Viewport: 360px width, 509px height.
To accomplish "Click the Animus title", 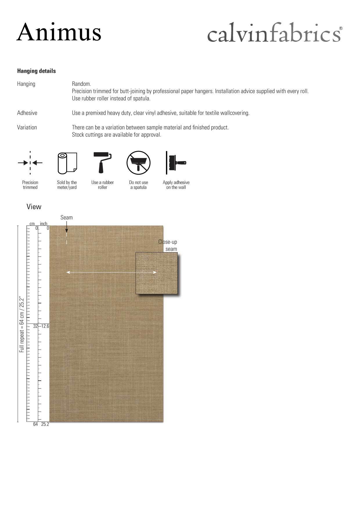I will tap(59, 32).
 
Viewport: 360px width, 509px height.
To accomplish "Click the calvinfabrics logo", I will tap(274, 33).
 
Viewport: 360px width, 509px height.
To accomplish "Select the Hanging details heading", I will tap(36, 71).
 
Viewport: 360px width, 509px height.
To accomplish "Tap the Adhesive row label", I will tap(27, 113).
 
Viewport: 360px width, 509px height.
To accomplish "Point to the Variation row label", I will tap(27, 127).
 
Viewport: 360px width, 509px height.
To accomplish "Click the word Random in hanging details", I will tap(81, 84).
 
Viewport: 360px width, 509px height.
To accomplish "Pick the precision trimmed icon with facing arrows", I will tap(30, 163).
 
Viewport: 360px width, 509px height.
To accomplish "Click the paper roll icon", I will tap(67, 163).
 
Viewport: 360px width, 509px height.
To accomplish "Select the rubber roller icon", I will tap(102, 163).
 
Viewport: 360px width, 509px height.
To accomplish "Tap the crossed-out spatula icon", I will tap(138, 163).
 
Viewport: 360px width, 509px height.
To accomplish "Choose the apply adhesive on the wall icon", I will tap(175, 163).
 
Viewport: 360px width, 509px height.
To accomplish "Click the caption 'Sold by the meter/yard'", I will tap(67, 185).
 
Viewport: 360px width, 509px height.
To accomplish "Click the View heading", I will tap(34, 207).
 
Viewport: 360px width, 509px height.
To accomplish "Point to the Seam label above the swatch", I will tap(66, 217).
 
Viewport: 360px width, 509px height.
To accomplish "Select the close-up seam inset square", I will tap(156, 273).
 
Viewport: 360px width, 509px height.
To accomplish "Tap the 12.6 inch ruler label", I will tap(45, 326).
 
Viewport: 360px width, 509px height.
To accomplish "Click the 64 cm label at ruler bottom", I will tap(35, 424).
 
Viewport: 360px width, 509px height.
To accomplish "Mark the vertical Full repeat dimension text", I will tap(22, 324).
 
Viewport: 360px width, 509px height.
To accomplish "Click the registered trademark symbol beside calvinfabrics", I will tap(341, 28).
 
